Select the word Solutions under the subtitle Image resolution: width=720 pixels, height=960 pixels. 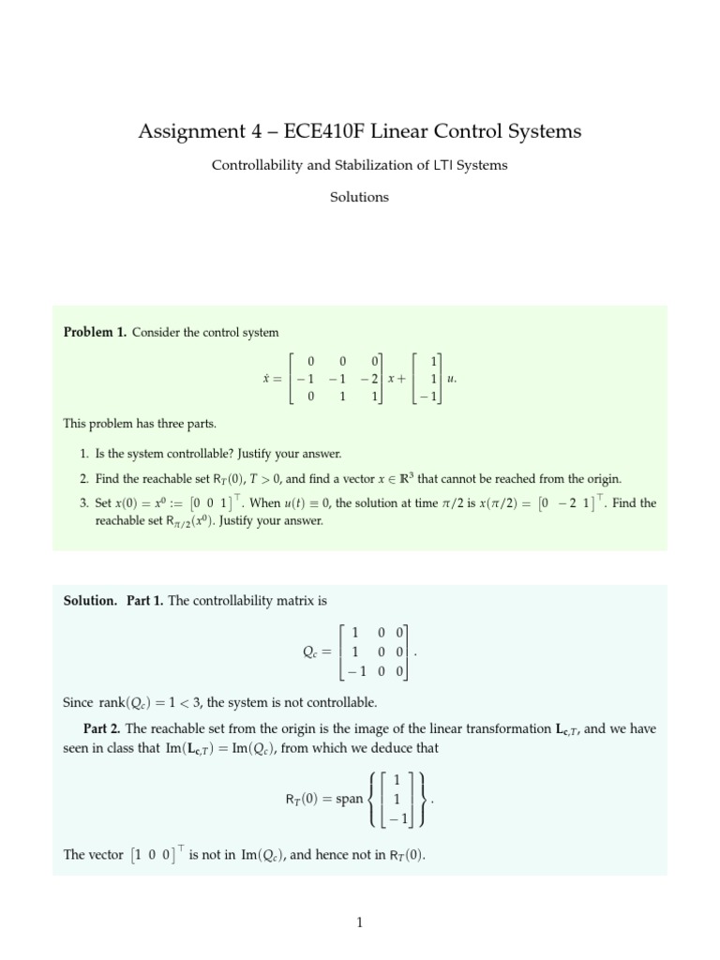click(360, 197)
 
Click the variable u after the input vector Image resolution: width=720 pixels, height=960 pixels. click(450, 379)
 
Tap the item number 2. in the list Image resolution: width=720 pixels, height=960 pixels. click(85, 478)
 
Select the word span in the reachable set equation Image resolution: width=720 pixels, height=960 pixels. click(344, 799)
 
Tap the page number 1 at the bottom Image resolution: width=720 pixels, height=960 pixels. click(360, 922)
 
